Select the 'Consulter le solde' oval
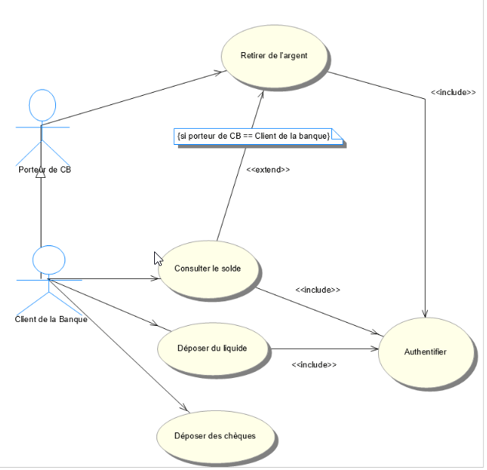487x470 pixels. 207,269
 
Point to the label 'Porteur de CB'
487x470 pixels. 44,169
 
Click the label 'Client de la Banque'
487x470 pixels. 51,320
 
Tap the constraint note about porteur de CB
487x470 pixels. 253,136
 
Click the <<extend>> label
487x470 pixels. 268,169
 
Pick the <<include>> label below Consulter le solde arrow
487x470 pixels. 318,290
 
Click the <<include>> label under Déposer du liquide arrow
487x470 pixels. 314,365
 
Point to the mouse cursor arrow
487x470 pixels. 158,258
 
